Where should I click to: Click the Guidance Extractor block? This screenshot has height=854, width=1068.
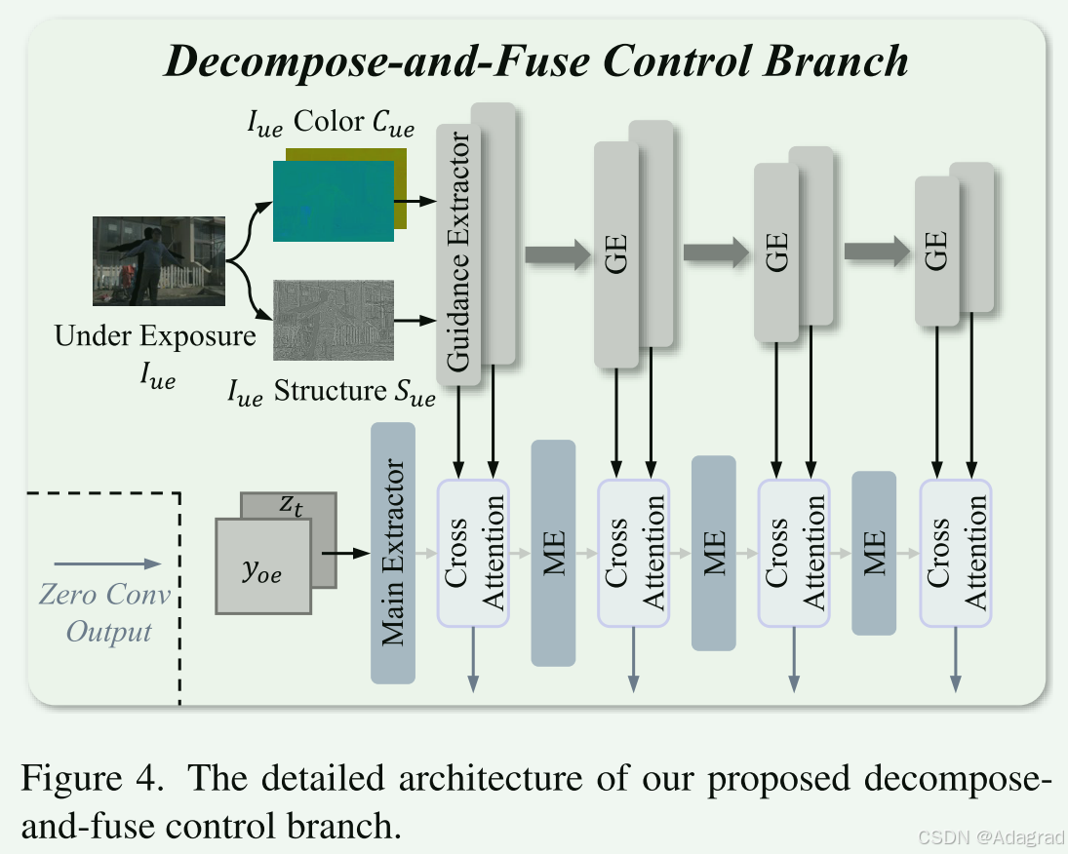(x=458, y=253)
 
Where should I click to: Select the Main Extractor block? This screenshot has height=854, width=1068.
(x=393, y=553)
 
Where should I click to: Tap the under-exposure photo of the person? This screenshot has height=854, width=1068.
(x=159, y=261)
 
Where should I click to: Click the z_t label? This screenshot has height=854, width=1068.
(x=290, y=505)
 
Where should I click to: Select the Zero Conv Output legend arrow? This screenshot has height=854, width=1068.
(x=107, y=563)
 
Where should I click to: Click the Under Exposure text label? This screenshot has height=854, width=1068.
(x=155, y=337)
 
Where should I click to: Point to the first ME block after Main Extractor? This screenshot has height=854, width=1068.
(x=553, y=553)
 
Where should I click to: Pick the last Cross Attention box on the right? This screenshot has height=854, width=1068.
(x=955, y=553)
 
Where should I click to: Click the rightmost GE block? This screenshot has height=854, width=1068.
(x=936, y=251)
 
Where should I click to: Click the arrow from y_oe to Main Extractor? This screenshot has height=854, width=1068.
(x=340, y=553)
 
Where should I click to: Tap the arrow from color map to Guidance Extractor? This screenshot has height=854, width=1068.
(x=420, y=201)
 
